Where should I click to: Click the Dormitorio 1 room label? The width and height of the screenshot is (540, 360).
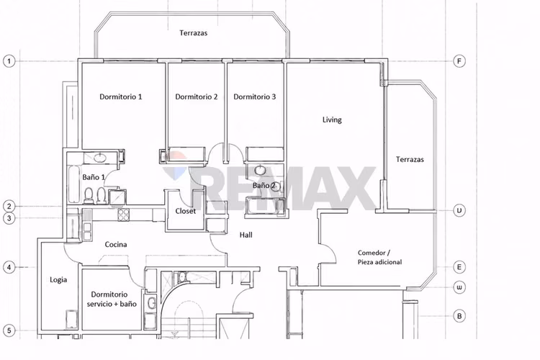coord(120,96)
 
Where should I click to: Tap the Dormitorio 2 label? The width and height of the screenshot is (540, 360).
coord(197,96)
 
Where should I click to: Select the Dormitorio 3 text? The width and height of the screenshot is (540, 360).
coord(254,96)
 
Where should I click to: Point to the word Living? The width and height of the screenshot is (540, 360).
coord(332,120)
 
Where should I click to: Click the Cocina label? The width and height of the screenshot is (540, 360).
coord(116,245)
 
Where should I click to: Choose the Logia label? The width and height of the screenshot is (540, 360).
coord(58,280)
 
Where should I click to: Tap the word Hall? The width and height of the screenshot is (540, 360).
coord(246,235)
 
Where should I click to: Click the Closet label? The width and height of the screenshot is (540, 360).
coord(185,211)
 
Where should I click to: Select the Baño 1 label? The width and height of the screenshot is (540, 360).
coord(94,177)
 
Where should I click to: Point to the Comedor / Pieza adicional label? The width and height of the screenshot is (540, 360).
coord(379,257)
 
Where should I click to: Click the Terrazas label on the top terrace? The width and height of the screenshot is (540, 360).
coord(193,33)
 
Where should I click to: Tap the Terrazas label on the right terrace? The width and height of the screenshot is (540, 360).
coord(410,160)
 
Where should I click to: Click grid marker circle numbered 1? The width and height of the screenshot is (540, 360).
coord(9,62)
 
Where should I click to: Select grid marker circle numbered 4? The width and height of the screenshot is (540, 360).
coord(9,267)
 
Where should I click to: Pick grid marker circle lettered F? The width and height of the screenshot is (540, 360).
coord(459,62)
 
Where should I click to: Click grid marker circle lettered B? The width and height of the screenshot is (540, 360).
coord(459,316)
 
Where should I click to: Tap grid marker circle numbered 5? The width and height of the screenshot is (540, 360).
coord(9,330)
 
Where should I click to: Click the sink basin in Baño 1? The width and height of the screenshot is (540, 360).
coord(100,158)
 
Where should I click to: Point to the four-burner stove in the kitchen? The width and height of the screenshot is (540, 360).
coord(123,215)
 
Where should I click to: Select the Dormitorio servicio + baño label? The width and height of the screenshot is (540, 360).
coord(112,300)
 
